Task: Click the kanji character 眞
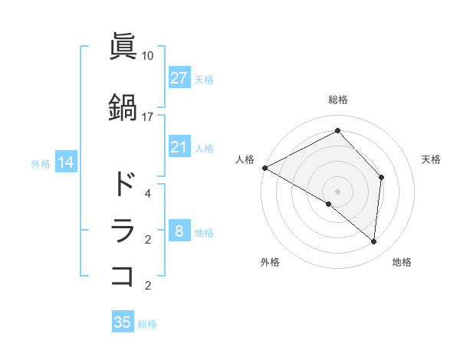point(123,47)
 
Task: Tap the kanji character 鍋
point(123,107)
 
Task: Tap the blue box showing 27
point(179,78)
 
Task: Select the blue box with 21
point(179,147)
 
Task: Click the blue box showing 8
point(179,231)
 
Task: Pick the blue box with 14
point(65,162)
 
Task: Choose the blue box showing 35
point(123,322)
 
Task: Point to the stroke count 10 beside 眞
point(147,56)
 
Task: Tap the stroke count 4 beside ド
point(147,194)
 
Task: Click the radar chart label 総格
point(337,100)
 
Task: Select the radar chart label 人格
point(245,159)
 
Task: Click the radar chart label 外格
point(270,262)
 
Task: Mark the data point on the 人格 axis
point(264,168)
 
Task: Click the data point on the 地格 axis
point(374,241)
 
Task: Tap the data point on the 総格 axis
point(337,131)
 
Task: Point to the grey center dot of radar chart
point(337,191)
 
